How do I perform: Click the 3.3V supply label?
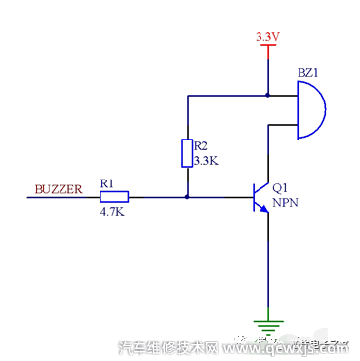[266, 37]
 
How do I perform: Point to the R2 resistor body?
[186, 153]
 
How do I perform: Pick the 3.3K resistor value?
[204, 160]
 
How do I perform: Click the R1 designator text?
[107, 181]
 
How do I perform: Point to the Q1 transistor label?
[281, 188]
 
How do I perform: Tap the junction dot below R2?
[186, 196]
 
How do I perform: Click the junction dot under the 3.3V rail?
[266, 96]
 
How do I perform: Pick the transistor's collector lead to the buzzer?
[266, 156]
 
